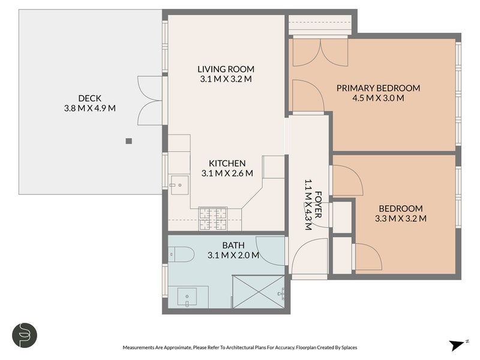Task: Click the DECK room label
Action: [89, 98]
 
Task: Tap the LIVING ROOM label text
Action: [226, 69]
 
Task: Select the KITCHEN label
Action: [227, 163]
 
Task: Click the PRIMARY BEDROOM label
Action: [378, 88]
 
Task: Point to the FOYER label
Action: [318, 205]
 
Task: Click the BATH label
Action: [233, 245]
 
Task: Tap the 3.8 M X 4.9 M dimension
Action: [89, 108]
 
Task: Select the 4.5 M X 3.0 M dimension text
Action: [378, 98]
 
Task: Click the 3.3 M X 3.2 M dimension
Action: [400, 218]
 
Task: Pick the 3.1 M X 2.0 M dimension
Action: [233, 255]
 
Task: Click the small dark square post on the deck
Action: [129, 141]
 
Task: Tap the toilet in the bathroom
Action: [181, 254]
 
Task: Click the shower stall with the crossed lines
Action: [259, 292]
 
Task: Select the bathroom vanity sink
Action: [187, 296]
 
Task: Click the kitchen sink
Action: [179, 185]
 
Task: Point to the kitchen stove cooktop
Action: [213, 218]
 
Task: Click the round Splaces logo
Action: [25, 335]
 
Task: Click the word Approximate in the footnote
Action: [177, 347]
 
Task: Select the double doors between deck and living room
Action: [149, 100]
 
